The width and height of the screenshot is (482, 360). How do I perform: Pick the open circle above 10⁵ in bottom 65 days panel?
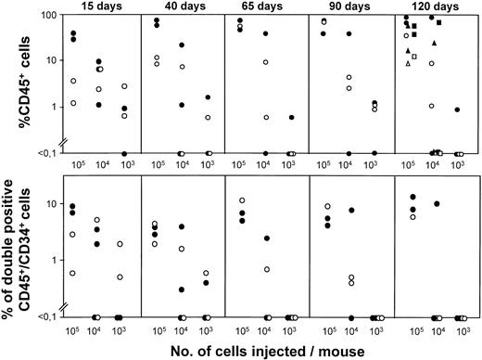click(x=242, y=201)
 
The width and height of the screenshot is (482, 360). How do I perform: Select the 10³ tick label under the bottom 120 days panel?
click(x=457, y=329)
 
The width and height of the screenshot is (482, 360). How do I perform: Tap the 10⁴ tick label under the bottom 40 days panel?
click(x=182, y=329)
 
